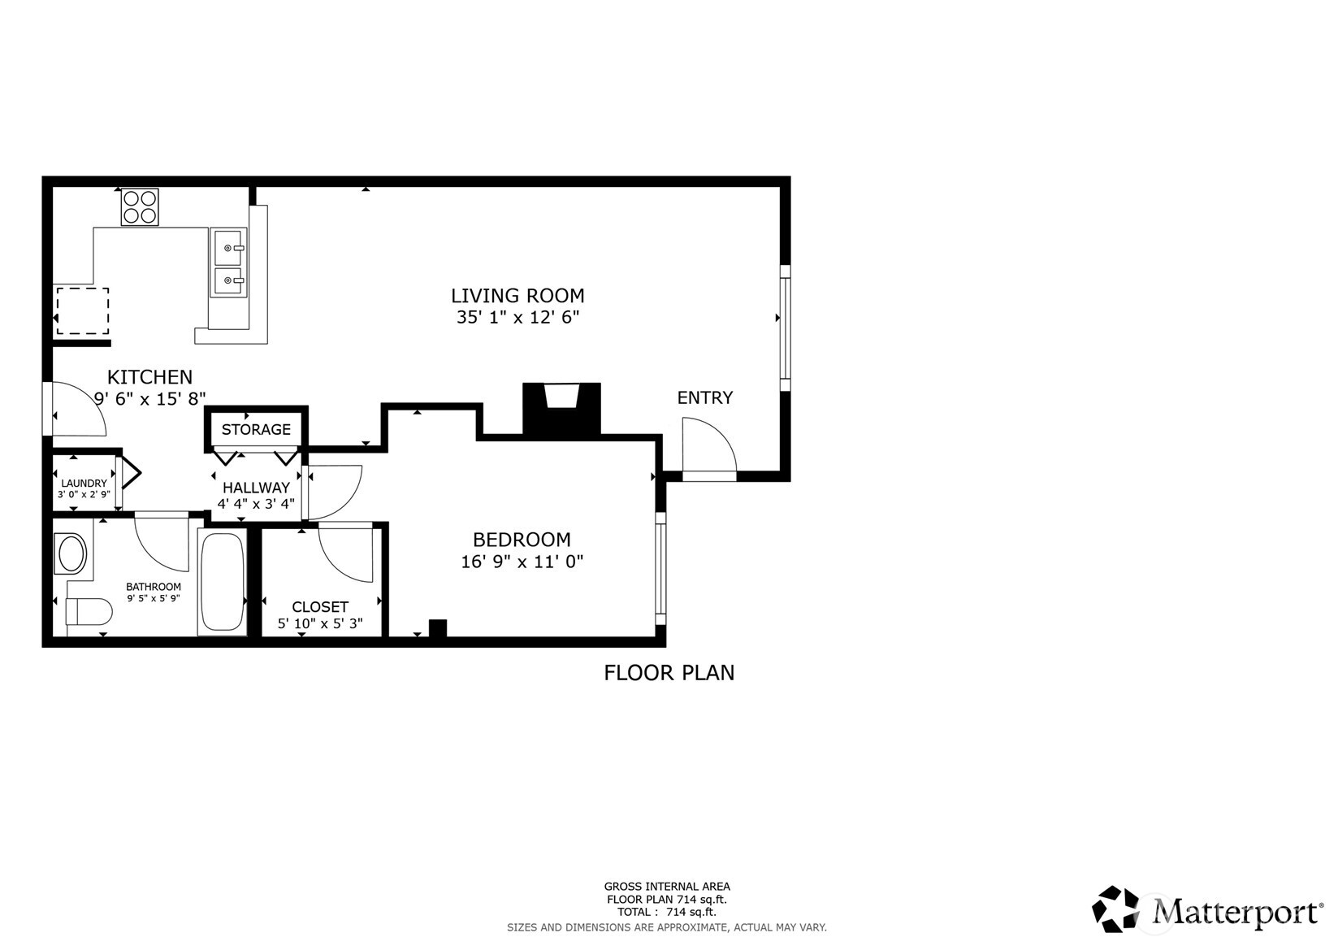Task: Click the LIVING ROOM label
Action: [517, 296]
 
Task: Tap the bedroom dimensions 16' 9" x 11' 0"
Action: [522, 562]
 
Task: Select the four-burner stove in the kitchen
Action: [140, 206]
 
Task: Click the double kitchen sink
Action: [228, 264]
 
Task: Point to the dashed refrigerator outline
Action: [82, 310]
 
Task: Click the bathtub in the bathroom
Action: [222, 582]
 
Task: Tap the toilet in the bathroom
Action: [88, 611]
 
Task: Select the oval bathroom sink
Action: [71, 554]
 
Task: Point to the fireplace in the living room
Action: [561, 408]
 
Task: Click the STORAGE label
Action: [256, 430]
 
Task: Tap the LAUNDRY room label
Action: [84, 484]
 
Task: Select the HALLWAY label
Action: [256, 488]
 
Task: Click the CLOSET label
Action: [320, 607]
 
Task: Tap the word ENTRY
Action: [704, 397]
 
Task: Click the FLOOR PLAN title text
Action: [669, 673]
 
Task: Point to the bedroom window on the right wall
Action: [660, 568]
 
